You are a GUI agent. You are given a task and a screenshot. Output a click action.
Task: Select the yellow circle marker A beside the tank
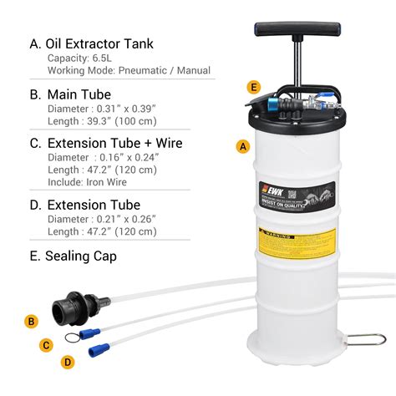coord(242,145)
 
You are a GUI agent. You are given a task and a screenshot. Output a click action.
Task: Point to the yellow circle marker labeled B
coord(32,320)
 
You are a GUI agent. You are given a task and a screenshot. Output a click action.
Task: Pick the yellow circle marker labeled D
coord(69,361)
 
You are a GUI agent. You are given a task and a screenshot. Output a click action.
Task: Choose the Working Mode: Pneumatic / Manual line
coord(129,71)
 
